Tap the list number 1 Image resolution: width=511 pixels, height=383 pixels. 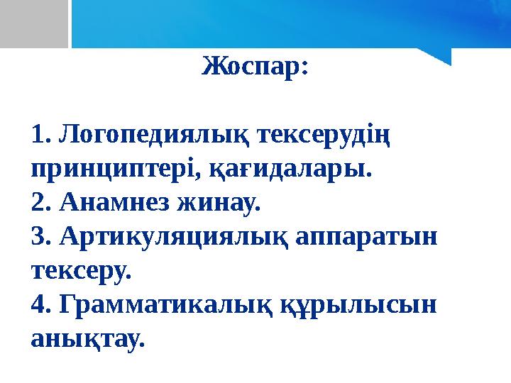[40, 135]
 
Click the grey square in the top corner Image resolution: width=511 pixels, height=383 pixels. [33, 21]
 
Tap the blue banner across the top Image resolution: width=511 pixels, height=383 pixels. [284, 21]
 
